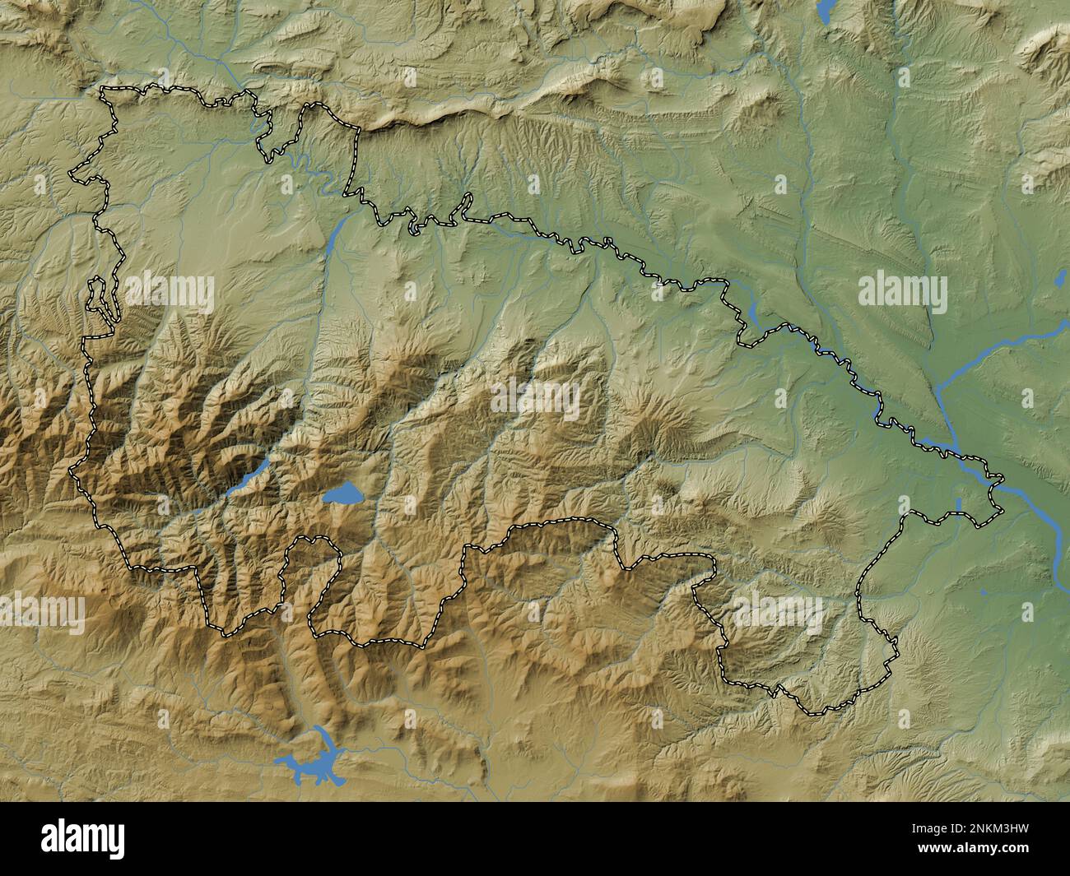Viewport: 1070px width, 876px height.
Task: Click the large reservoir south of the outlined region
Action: (311, 761)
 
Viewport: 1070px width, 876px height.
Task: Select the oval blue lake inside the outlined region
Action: (344, 494)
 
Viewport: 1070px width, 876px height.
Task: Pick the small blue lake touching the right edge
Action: (1061, 280)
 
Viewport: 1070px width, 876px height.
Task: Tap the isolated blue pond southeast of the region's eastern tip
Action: (984, 591)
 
